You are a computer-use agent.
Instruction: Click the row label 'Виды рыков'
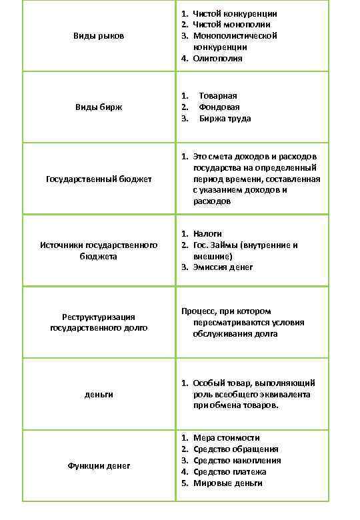[x=99, y=36]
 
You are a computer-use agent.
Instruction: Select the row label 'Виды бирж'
[x=99, y=107]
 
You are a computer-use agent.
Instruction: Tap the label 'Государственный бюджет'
[x=99, y=179]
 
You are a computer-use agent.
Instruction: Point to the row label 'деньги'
[x=99, y=395]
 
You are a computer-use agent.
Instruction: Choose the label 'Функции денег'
[x=99, y=466]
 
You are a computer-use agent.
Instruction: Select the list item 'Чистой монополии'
[x=231, y=25]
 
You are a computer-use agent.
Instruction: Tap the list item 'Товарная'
[x=218, y=96]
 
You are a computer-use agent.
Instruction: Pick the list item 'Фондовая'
[x=219, y=107]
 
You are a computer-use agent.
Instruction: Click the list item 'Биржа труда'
[x=225, y=119]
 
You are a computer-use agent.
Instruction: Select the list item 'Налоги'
[x=207, y=234]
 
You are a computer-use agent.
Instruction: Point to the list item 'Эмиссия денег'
[x=223, y=267]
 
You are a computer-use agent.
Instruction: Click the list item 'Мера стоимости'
[x=226, y=438]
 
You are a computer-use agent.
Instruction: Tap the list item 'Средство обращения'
[x=235, y=449]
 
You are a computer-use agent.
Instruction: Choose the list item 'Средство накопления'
[x=237, y=461]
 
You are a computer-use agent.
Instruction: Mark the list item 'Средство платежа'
[x=230, y=472]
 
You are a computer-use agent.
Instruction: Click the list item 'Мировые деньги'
[x=227, y=483]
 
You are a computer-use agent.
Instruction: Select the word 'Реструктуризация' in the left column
[x=99, y=317]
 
